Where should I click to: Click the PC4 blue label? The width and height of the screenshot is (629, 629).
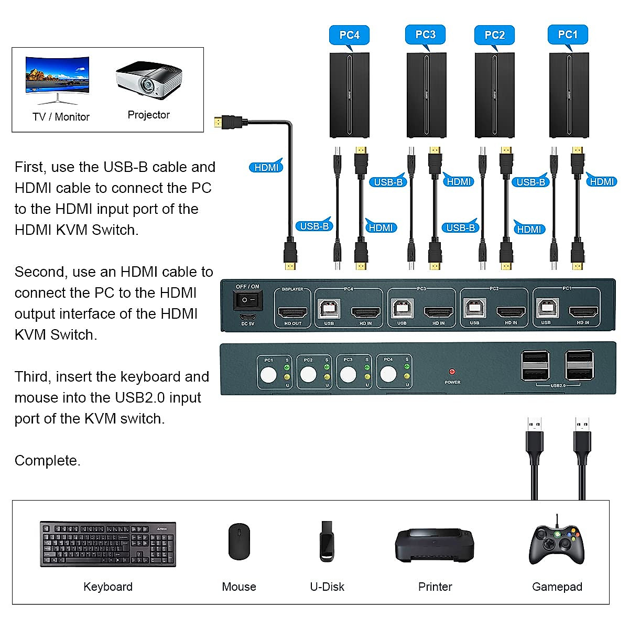click(x=349, y=35)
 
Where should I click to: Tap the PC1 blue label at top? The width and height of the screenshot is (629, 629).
click(x=568, y=35)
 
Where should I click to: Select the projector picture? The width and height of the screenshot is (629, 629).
click(x=149, y=80)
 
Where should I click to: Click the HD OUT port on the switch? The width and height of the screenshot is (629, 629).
click(x=292, y=313)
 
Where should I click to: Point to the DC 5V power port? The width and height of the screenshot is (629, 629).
click(x=247, y=317)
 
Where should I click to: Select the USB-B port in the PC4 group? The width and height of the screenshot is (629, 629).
click(x=329, y=309)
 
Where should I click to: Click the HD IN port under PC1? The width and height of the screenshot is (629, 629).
click(x=583, y=313)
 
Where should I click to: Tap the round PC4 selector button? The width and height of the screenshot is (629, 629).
click(x=388, y=374)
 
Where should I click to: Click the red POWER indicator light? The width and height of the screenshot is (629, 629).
click(x=452, y=372)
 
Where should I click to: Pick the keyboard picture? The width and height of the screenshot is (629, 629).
click(x=108, y=544)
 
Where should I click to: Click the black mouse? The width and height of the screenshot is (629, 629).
click(x=239, y=541)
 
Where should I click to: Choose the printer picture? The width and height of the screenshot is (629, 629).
click(x=435, y=545)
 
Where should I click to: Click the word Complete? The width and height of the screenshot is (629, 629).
click(x=47, y=461)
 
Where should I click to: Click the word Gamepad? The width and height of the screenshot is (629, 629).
click(x=557, y=587)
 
